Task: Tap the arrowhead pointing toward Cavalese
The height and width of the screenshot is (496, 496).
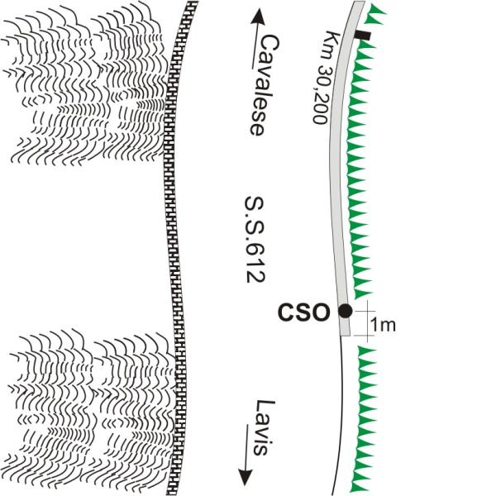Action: coord(258,15)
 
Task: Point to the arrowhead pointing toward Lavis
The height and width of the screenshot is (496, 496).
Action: coord(246,477)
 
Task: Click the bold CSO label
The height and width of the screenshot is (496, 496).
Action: coord(310,312)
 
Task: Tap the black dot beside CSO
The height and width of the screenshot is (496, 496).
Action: coord(345,311)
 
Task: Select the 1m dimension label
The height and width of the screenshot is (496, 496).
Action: coord(383,324)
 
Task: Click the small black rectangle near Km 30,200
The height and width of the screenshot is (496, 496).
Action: coord(362,36)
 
